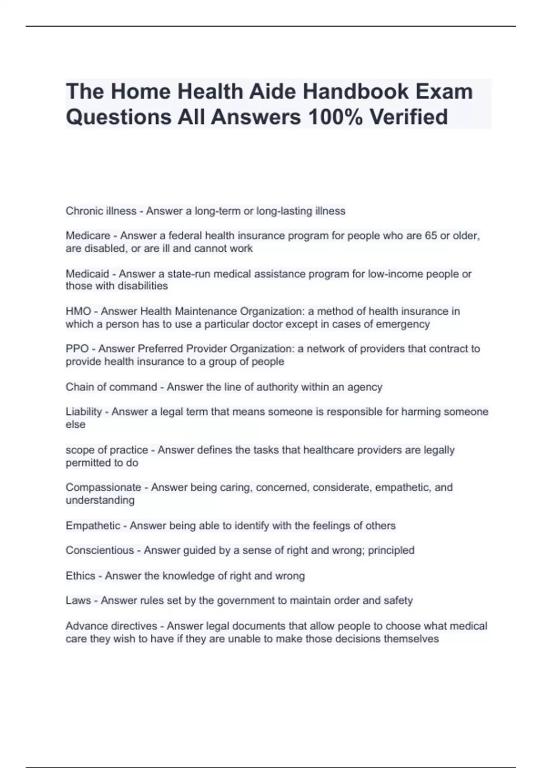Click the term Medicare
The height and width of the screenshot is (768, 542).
(x=88, y=236)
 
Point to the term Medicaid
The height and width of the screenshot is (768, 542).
(x=87, y=274)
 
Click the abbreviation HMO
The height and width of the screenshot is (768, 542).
(x=78, y=311)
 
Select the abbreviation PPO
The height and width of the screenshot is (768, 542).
(x=77, y=349)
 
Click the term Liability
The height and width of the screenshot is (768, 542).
(x=84, y=412)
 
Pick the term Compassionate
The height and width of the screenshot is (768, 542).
(x=103, y=487)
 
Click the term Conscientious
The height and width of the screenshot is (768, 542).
(x=100, y=550)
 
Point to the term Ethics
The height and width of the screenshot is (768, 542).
(x=80, y=576)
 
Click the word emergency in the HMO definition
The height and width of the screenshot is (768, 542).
(x=405, y=324)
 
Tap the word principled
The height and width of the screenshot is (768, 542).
(x=391, y=550)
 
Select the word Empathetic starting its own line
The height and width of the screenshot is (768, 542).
(x=93, y=525)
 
